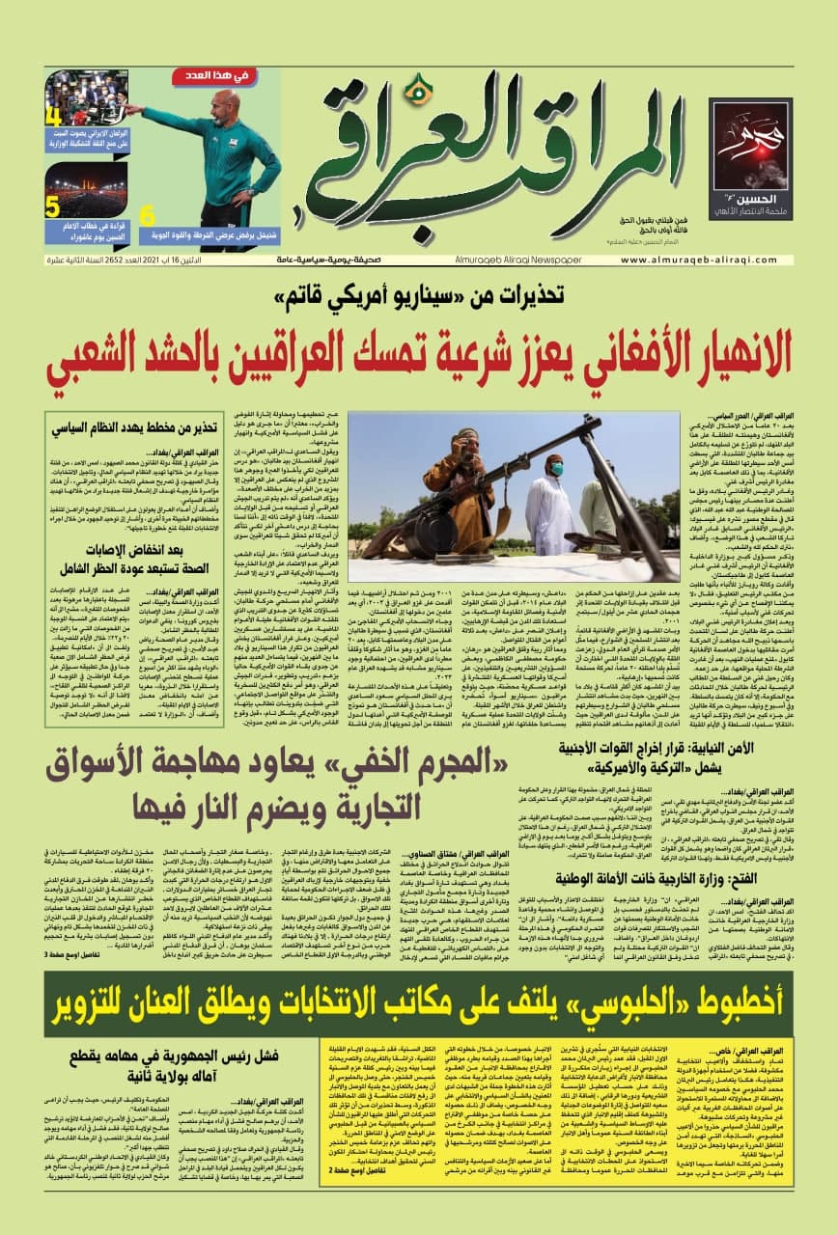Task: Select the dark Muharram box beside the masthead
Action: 749,158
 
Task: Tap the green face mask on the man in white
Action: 556,470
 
